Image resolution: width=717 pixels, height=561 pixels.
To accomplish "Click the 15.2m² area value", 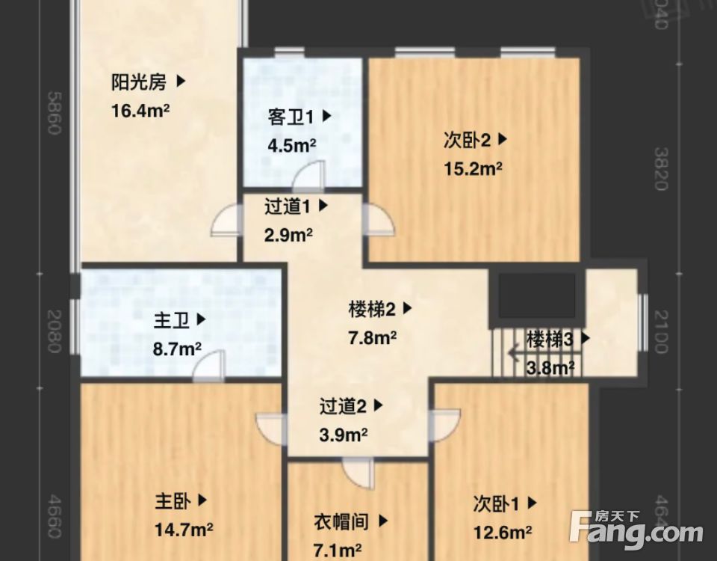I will pos(474,168).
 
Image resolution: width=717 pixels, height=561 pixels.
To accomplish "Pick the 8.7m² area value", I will pos(178,349).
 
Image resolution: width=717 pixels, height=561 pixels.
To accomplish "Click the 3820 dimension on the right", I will pos(660,168).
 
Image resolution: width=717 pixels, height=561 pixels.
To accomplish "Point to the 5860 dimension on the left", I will pos(53,113).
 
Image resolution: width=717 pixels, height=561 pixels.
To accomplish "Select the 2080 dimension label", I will pos(53,331).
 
